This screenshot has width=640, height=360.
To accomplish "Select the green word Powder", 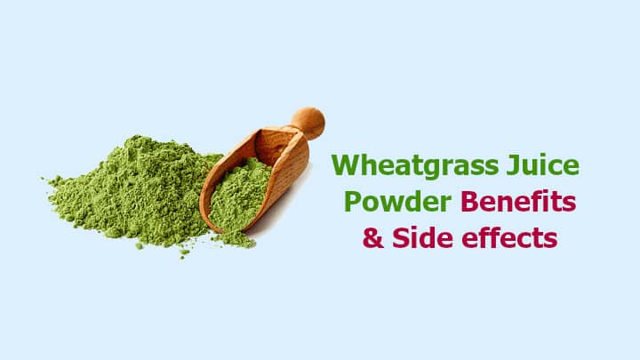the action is click(397, 201).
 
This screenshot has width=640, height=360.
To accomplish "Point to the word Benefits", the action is click(518, 201).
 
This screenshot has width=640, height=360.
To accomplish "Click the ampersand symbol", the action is click(373, 237).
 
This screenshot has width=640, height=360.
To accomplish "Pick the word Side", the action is click(422, 237).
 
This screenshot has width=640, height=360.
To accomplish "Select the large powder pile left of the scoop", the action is click(135, 192).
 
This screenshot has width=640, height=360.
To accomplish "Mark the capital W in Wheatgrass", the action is click(346, 164).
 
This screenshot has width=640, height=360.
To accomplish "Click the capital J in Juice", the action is click(514, 164).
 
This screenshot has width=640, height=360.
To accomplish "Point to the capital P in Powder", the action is click(353, 201).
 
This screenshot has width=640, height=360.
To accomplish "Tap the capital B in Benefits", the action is click(470, 201).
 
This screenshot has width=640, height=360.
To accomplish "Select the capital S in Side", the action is click(401, 237).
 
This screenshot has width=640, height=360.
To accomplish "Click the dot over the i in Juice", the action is click(543, 156).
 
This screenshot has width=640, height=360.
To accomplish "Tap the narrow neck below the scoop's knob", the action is click(296, 130).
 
